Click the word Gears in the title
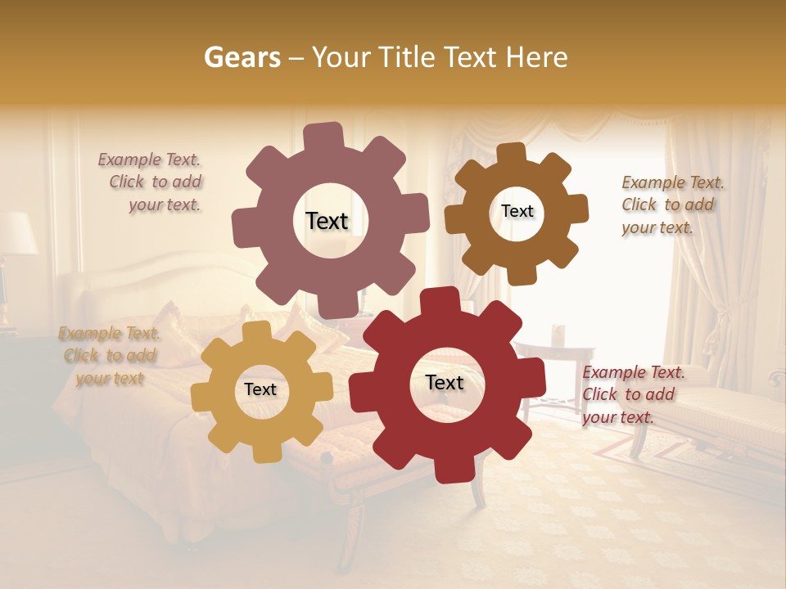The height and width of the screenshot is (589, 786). (242, 57)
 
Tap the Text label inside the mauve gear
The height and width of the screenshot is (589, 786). (327, 221)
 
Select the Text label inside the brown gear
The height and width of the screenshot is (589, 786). (517, 211)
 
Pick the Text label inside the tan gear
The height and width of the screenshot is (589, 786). (260, 389)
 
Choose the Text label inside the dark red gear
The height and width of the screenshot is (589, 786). (445, 383)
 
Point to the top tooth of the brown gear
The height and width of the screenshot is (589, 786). (512, 153)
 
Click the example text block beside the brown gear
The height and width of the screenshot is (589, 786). (671, 205)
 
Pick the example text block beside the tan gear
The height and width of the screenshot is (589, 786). (110, 356)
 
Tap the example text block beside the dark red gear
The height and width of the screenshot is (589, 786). (632, 394)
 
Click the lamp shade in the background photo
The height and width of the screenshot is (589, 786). (16, 232)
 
